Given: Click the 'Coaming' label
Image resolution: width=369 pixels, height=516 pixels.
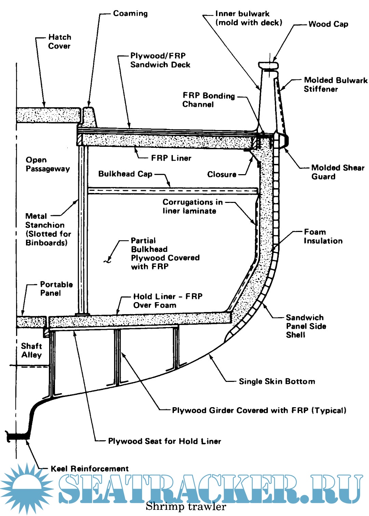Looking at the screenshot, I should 130,14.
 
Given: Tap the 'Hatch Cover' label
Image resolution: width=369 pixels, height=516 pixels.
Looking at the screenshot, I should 59,41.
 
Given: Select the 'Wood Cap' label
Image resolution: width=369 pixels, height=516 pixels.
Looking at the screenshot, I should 328,24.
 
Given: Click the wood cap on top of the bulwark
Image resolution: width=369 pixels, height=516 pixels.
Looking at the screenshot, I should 269,65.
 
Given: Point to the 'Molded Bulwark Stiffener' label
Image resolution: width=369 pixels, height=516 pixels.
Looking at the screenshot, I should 336,85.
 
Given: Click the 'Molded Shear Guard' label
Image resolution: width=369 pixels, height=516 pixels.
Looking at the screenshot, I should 338,172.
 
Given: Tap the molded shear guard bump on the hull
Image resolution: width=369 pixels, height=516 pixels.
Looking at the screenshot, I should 285,140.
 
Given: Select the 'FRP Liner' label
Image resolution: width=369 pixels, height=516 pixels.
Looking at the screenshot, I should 171,158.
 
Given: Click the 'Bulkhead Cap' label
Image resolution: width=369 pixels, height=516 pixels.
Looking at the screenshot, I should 125,174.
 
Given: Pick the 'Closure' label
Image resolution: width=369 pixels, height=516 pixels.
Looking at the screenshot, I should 222,175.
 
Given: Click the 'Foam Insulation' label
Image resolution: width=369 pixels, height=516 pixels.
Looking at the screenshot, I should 323,236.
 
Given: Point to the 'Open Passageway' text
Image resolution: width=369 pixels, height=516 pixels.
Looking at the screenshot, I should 47,164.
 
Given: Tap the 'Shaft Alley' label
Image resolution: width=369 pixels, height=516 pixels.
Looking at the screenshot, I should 31,350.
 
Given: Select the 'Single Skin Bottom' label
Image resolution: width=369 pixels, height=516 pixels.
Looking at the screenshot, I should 277,382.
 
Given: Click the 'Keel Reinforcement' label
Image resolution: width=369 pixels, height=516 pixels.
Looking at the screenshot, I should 90,469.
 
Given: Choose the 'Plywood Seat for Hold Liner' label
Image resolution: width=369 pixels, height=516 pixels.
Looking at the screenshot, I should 164,441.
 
